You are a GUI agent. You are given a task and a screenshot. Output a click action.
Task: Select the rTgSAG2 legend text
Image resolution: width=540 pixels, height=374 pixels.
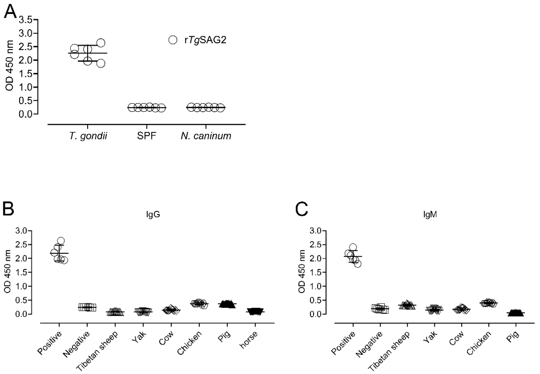coord(203,40)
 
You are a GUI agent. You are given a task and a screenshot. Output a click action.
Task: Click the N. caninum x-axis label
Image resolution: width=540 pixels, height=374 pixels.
coord(206,136)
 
